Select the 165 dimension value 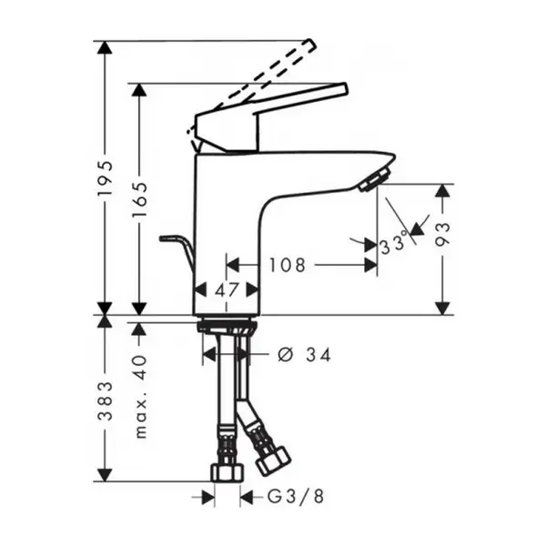pos(139,199)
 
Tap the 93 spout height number pos(442,235)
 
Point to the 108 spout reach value pos(288,266)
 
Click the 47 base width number pos(227,289)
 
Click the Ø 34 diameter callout pos(304,355)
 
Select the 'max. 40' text pos(141,396)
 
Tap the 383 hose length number pos(106,401)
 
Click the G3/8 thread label pos(296,497)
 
